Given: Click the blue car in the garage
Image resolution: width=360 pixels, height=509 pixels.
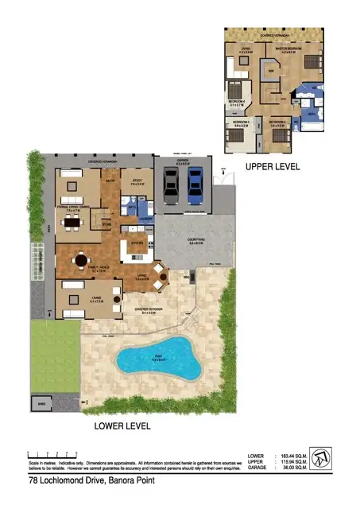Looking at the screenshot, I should click(195, 186).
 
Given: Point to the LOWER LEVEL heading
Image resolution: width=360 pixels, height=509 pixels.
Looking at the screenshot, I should click(122, 426).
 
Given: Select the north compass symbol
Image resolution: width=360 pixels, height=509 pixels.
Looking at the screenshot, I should click(319, 457).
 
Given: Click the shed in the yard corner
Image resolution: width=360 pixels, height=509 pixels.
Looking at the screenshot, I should click(40, 404).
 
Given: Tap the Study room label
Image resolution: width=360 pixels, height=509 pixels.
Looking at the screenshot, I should click(137, 182).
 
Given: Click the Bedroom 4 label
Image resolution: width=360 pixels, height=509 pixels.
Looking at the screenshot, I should click(236, 102).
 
